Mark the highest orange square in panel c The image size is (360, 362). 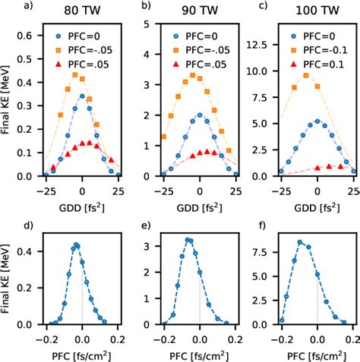[306, 76]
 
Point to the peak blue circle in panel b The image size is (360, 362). [200, 115]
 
